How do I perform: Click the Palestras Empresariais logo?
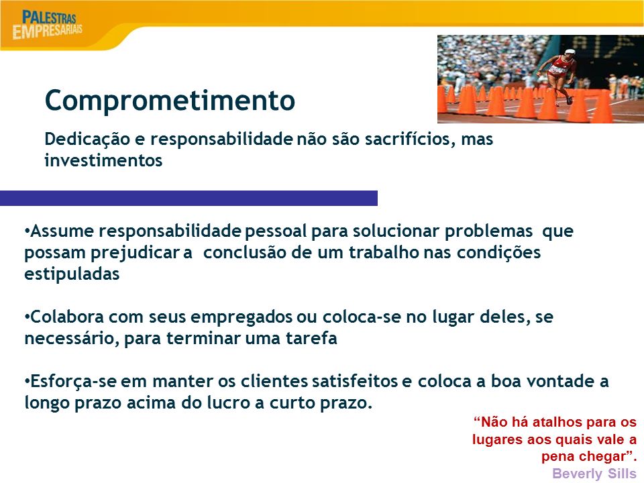tap(47, 25)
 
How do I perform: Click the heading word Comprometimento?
tap(170, 100)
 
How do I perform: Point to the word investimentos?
tap(103, 160)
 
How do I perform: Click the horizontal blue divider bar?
tap(189, 198)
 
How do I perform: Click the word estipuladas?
tap(72, 274)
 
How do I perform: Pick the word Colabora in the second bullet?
tap(66, 317)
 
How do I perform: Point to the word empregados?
tap(241, 318)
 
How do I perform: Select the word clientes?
tap(274, 382)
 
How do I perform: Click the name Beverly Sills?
tap(594, 474)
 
